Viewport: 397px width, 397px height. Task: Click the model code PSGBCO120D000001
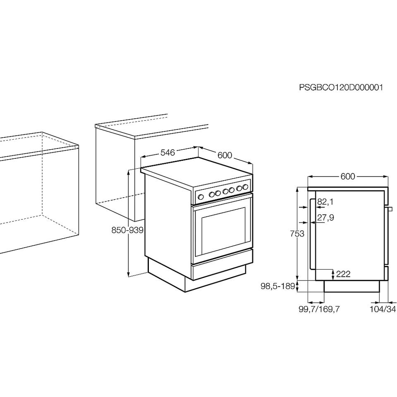341,88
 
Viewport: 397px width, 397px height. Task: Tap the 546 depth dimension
167,153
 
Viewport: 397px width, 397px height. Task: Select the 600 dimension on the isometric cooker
225,155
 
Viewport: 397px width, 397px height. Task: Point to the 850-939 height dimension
127,230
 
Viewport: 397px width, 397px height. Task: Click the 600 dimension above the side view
348,177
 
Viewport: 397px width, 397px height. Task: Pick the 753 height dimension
297,233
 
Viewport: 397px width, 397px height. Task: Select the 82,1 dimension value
325,202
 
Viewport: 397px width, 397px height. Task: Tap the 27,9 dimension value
325,218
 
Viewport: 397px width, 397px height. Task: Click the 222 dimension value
343,274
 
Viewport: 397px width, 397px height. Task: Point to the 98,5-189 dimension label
278,286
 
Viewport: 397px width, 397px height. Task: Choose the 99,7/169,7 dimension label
319,309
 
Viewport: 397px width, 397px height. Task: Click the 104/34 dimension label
383,309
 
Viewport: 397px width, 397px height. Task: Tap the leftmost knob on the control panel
201,197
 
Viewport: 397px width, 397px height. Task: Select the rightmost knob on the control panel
245,187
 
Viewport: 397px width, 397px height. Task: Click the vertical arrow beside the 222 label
333,275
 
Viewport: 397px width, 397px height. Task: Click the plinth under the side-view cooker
352,286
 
